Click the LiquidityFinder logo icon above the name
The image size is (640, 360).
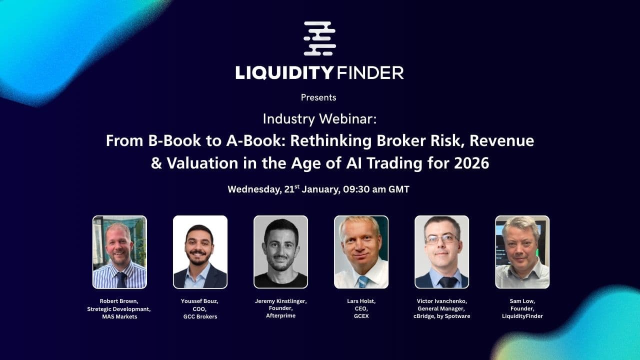click(320, 38)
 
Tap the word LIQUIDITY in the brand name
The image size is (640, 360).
click(284, 73)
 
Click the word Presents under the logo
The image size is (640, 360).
click(318, 97)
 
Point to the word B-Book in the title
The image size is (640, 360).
click(169, 141)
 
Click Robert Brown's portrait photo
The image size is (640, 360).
click(119, 252)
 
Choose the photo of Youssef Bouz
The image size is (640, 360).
click(200, 252)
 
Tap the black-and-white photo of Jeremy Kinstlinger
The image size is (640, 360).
click(280, 252)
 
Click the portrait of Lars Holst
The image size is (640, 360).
click(361, 252)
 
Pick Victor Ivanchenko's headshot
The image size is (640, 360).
click(441, 252)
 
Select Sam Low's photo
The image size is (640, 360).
click(522, 252)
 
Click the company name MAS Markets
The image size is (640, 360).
click(119, 316)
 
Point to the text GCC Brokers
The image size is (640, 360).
click(199, 316)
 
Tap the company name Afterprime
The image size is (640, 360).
click(280, 315)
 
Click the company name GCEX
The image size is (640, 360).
click(361, 316)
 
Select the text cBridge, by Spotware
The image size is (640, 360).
click(442, 316)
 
